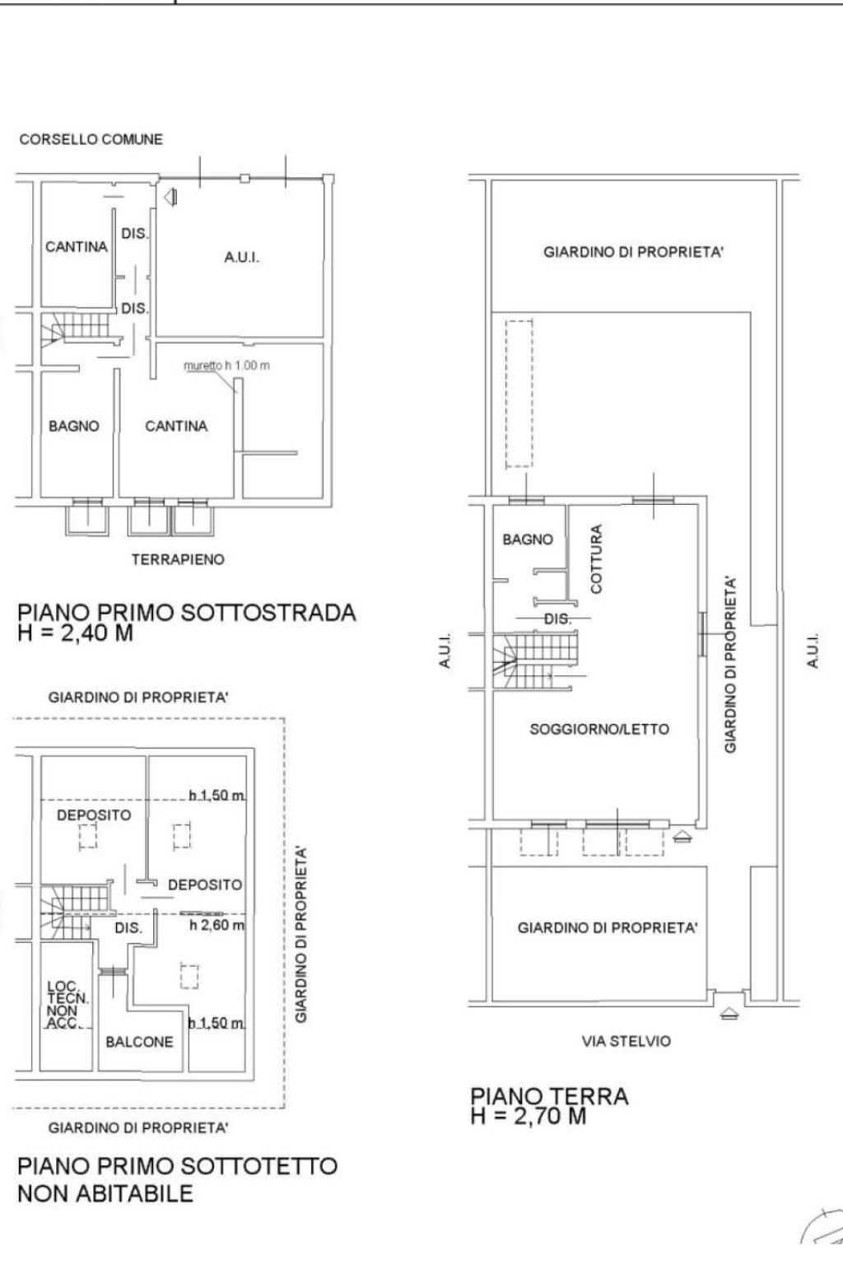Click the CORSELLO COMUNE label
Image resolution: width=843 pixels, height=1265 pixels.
pyautogui.click(x=91, y=139)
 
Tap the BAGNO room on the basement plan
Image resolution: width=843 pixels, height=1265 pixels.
pyautogui.click(x=74, y=426)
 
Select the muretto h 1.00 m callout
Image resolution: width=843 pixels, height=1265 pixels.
pyautogui.click(x=227, y=366)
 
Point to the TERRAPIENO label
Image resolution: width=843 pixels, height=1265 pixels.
pyautogui.click(x=179, y=559)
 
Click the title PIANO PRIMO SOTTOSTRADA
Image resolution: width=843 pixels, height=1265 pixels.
pyautogui.click(x=187, y=613)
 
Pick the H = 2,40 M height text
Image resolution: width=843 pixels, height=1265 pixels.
pyautogui.click(x=76, y=633)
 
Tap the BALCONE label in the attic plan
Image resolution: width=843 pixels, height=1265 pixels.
pyautogui.click(x=139, y=1042)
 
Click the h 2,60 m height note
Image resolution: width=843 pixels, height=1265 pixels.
pyautogui.click(x=217, y=925)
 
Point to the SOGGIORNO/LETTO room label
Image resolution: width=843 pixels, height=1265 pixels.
pyautogui.click(x=599, y=729)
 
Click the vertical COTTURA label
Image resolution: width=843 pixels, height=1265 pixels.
pyautogui.click(x=596, y=558)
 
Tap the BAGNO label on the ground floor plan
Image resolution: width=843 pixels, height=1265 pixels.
pyautogui.click(x=528, y=539)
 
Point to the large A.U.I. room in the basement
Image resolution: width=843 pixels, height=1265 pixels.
pyautogui.click(x=242, y=258)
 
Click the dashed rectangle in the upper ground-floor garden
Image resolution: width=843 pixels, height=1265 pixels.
pyautogui.click(x=519, y=394)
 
